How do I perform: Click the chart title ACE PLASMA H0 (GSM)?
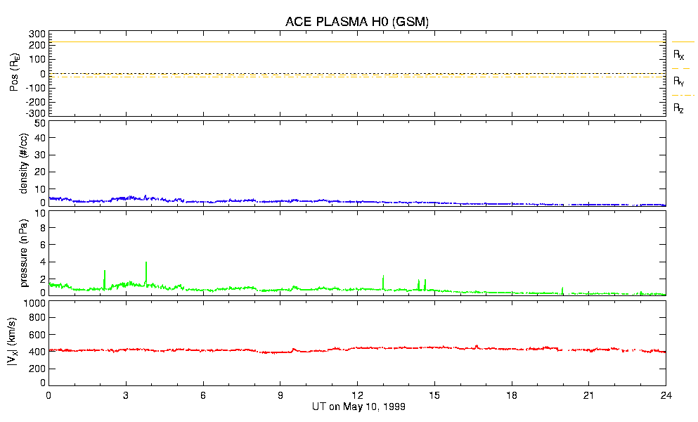356,22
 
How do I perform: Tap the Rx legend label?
678,54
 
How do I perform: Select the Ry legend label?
678,82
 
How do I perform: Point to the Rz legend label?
678,108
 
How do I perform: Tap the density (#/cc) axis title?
25,163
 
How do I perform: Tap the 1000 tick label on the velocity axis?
33,303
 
